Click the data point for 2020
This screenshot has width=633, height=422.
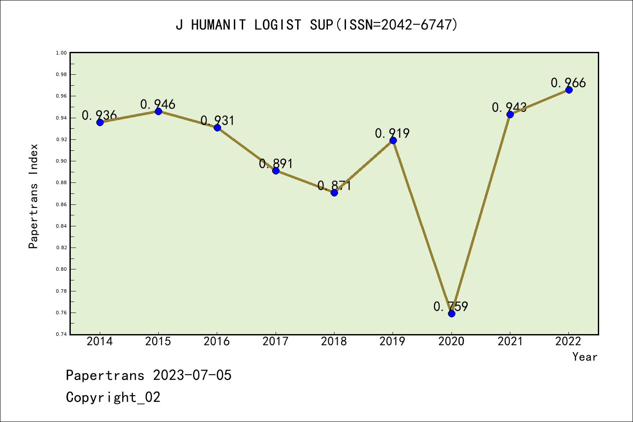click(451, 313)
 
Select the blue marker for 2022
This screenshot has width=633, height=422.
click(569, 90)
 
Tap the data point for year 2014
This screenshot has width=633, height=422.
click(100, 122)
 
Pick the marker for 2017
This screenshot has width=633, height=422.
click(276, 171)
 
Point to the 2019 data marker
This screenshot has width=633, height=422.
click(393, 140)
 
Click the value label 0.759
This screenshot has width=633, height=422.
click(451, 306)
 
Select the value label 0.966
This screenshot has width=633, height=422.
click(568, 83)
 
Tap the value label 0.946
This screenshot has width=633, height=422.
click(158, 104)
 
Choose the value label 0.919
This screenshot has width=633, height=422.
click(392, 133)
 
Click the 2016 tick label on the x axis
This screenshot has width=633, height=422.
click(217, 342)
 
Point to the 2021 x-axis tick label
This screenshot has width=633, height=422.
click(510, 342)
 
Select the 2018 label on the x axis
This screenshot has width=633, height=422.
click(334, 342)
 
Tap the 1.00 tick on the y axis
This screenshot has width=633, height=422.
click(61, 53)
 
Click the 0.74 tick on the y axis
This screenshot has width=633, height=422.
click(61, 335)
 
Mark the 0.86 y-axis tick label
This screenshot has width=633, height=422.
click(61, 204)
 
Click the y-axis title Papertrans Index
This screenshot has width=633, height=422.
click(33, 196)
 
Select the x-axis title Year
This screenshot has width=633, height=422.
click(585, 357)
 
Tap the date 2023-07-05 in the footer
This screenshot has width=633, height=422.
click(192, 375)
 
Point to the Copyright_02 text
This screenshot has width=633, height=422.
click(113, 397)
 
